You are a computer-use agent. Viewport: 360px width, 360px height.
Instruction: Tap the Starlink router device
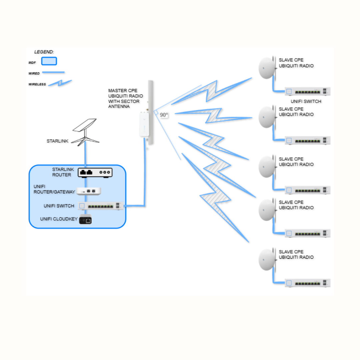95,172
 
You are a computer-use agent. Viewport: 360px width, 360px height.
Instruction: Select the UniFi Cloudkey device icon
85,220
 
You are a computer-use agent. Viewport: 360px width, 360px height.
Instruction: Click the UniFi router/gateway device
89,191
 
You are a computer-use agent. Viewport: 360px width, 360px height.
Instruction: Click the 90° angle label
164,115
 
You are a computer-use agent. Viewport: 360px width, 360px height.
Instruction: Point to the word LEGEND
44,52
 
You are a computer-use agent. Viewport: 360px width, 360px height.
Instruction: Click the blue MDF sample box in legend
49,61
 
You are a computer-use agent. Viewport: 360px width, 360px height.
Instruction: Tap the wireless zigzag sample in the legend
60,83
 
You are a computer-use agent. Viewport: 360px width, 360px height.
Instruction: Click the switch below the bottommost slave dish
307,283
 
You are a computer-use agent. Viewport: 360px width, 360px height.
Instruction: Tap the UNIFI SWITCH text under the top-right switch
306,101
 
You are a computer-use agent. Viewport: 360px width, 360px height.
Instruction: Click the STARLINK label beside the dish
57,141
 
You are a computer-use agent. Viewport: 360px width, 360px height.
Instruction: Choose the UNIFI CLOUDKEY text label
59,219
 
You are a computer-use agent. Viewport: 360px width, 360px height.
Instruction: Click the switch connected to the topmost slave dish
307,91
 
